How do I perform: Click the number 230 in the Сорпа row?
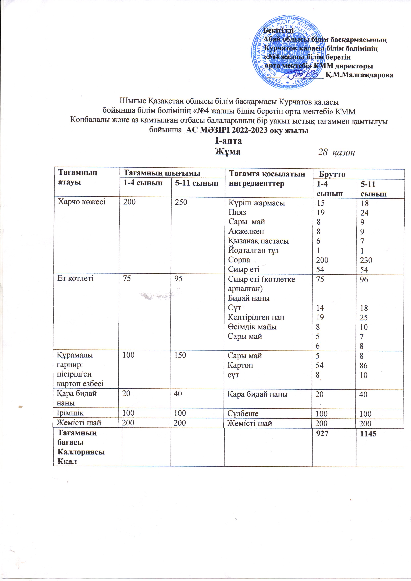coord(366,260)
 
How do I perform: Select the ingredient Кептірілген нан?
coord(256,317)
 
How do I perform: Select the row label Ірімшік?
coord(70,413)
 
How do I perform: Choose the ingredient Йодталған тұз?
coord(253,251)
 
